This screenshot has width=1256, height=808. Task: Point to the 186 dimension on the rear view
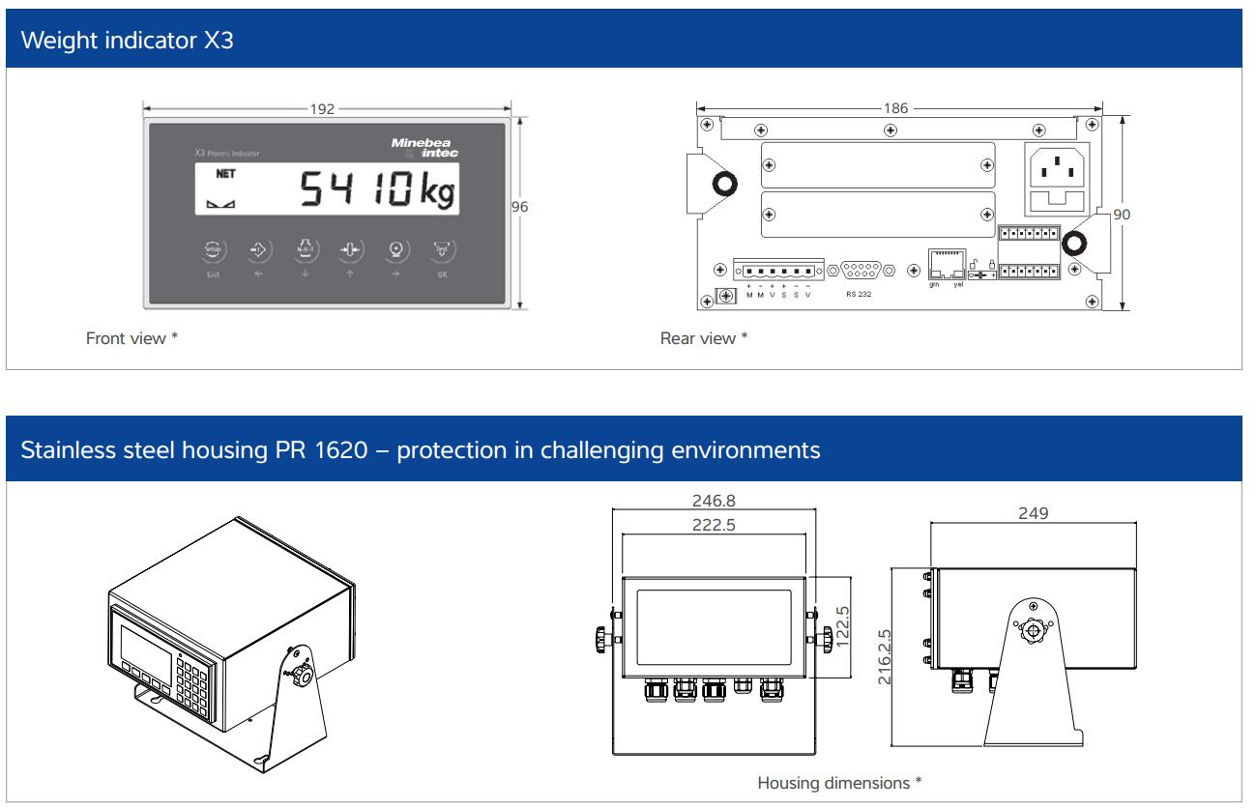[x=896, y=109]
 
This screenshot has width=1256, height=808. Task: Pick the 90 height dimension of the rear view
[x=1121, y=214]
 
